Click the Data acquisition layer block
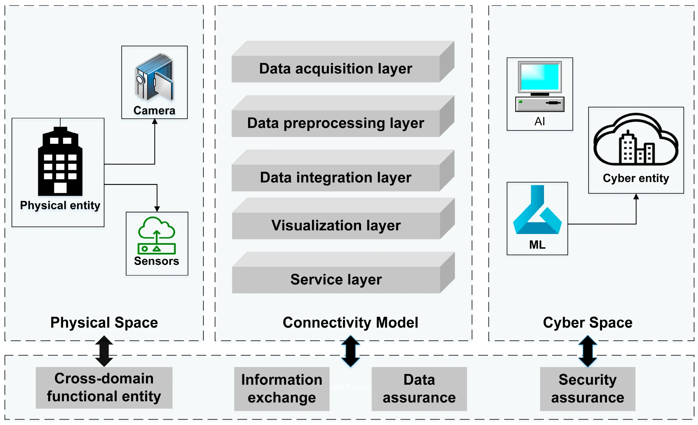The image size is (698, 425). pos(336,69)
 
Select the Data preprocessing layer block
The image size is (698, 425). pos(336,123)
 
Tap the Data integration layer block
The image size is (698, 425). pos(336,178)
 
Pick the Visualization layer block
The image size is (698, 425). pos(336,226)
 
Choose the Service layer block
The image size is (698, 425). pos(336,280)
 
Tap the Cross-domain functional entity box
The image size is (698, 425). pos(104,388)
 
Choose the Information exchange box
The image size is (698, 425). pos(282,389)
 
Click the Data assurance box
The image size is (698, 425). pos(419,389)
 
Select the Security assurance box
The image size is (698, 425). pos(588,389)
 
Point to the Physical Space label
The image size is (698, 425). pos(104,322)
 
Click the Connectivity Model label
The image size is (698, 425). pos(350,322)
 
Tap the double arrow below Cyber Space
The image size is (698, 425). pos(588,351)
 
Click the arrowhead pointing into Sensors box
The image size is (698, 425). pos(157,209)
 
